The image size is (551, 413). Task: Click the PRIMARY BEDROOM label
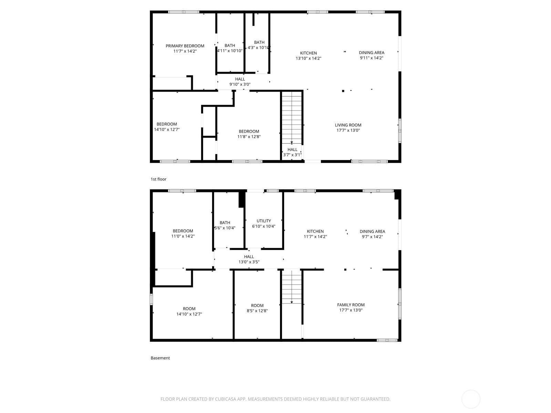(x=185, y=46)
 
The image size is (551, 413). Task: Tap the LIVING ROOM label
(x=348, y=125)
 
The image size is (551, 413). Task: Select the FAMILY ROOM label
(x=351, y=305)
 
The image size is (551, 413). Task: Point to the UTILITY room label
(x=263, y=221)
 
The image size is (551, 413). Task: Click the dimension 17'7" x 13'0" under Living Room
(x=348, y=130)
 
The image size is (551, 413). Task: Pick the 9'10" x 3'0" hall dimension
(x=240, y=85)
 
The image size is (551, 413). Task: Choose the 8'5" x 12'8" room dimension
(x=257, y=311)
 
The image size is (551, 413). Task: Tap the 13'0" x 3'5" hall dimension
(x=249, y=262)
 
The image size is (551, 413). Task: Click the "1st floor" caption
(x=158, y=179)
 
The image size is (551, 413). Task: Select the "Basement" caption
(x=160, y=358)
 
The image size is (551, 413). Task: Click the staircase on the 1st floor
(x=291, y=118)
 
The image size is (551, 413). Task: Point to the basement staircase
(x=291, y=287)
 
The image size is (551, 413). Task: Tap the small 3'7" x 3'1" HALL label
(x=292, y=152)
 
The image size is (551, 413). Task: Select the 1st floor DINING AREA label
(x=372, y=53)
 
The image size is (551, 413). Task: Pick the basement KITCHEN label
(x=315, y=231)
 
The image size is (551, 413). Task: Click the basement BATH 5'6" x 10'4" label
(x=225, y=225)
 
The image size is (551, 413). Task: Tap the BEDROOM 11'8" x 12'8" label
(x=249, y=134)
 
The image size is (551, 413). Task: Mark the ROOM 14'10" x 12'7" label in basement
(x=189, y=311)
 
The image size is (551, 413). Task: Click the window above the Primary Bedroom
(x=184, y=12)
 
